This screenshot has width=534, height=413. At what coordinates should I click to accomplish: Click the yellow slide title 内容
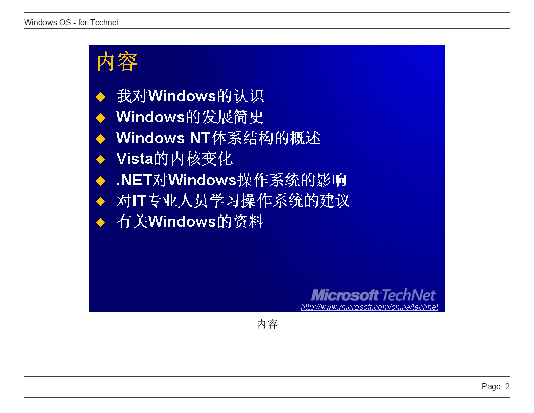point(117,62)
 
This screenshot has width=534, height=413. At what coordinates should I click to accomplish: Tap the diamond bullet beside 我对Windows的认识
point(101,97)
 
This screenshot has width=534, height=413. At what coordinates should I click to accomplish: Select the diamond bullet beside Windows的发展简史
point(101,118)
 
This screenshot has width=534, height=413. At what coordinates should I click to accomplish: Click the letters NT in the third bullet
point(200,138)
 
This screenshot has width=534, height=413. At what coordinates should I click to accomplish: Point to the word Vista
point(135,159)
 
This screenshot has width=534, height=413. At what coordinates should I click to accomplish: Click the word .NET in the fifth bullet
point(134,180)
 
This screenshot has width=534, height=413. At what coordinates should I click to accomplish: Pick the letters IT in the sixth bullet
point(139,201)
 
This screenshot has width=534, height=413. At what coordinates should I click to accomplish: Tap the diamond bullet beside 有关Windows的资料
point(101,223)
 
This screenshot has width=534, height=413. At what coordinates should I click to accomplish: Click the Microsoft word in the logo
point(345,295)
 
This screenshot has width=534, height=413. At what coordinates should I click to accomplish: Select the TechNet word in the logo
point(409,295)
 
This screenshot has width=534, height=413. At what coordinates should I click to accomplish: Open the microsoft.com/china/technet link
point(370,307)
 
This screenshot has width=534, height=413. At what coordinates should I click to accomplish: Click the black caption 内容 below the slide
point(268,324)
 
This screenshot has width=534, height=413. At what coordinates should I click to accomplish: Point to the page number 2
point(507,386)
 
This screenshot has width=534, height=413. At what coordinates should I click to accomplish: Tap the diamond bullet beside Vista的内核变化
point(101,159)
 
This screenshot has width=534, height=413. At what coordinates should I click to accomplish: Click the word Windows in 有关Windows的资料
point(182,222)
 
